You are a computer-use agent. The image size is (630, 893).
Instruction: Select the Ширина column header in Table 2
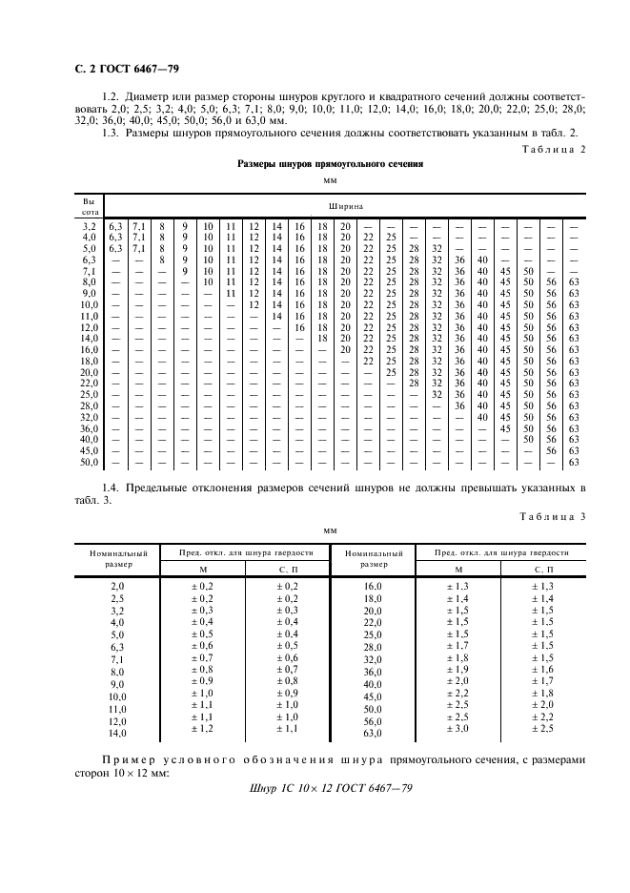coord(346,205)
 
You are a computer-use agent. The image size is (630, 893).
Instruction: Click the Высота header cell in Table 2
coord(90,205)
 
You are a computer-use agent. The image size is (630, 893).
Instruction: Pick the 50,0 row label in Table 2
coord(90,463)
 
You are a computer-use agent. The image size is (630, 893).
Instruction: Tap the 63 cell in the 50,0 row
coord(574,463)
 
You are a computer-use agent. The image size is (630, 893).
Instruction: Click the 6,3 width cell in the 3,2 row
coord(116,224)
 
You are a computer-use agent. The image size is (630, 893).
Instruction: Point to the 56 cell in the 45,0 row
coord(551,450)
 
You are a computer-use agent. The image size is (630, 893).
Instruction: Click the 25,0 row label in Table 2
coord(90,393)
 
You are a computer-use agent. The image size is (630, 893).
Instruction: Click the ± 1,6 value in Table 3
coord(541,671)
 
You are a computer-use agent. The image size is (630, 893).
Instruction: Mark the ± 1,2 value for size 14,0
coord(201,728)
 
